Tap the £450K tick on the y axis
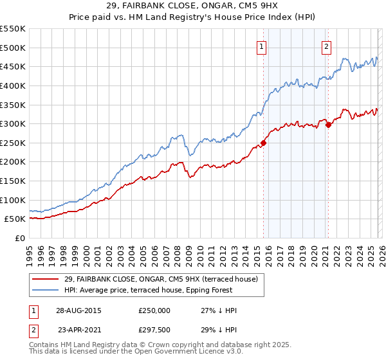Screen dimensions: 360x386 pos(13,66)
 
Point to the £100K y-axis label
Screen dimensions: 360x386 pos(13,200)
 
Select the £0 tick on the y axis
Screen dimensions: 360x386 pos(19,238)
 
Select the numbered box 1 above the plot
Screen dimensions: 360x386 pos(262,46)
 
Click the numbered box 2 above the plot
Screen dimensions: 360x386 pos(327,46)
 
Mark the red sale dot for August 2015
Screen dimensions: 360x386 pos(264,143)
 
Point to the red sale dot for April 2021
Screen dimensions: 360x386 pos(328,125)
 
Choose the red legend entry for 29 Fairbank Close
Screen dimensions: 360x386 pos(160,279)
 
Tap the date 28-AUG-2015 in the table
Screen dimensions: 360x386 pos(78,310)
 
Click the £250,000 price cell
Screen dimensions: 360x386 pos(154,310)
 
